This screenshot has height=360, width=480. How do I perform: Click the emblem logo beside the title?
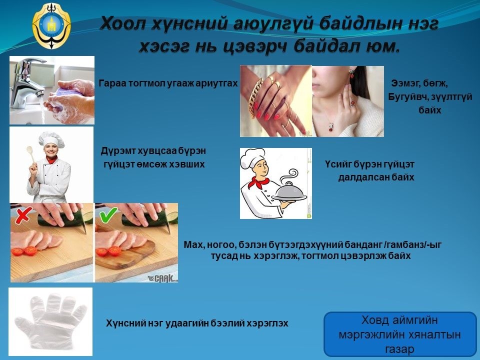[51, 25]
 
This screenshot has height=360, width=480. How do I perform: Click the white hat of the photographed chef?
[51, 139]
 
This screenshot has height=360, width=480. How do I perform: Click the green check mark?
[108, 215]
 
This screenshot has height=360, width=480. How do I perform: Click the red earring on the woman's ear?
[351, 74]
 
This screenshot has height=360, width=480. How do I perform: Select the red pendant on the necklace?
[330, 127]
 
